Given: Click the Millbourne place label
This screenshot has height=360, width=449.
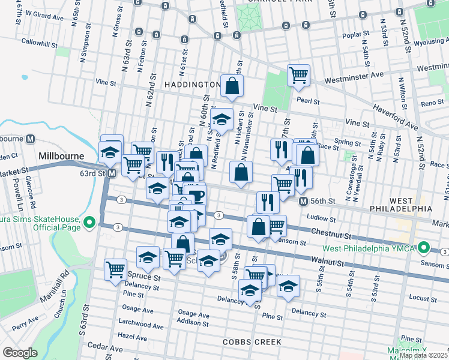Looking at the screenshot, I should point(62,156).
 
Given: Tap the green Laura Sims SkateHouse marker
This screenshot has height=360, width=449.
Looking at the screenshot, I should point(89,224).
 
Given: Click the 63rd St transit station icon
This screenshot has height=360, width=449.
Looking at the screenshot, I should point(112,173).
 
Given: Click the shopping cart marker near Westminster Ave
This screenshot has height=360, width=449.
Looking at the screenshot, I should point(298,76).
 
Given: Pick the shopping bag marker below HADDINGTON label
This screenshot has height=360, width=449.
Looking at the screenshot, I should point(231,86).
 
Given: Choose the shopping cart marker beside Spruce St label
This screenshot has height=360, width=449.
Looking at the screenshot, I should point(115,269).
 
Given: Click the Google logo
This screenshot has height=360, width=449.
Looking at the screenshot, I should point(20,353).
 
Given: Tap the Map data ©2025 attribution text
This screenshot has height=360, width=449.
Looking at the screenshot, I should point(423,355).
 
